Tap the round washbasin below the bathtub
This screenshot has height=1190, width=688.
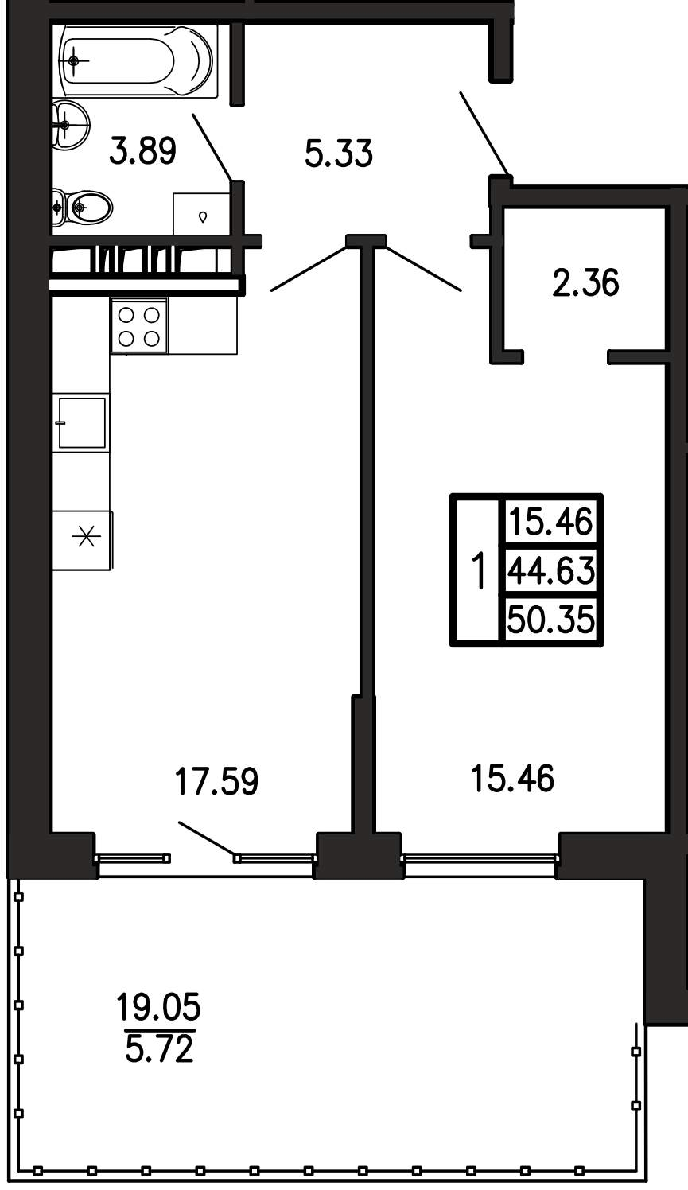click(x=70, y=125)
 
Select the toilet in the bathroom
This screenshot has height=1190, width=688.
click(x=83, y=207)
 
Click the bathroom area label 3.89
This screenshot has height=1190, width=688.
click(x=142, y=151)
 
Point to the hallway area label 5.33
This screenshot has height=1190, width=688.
click(x=339, y=154)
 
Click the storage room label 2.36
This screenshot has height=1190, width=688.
click(x=585, y=282)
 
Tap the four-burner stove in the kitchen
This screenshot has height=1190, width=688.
click(x=139, y=326)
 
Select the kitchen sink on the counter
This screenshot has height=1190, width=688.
click(x=82, y=423)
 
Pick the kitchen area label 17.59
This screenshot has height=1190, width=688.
click(x=217, y=781)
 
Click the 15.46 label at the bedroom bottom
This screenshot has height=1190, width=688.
click(x=513, y=778)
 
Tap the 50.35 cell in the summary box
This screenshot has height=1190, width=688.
click(x=551, y=620)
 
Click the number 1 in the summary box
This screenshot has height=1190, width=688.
click(x=479, y=570)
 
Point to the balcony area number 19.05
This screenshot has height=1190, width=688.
click(x=159, y=1007)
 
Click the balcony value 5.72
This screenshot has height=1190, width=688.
click(x=159, y=1049)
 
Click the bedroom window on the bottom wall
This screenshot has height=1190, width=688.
click(x=479, y=857)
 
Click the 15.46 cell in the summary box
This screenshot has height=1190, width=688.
click(x=551, y=523)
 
